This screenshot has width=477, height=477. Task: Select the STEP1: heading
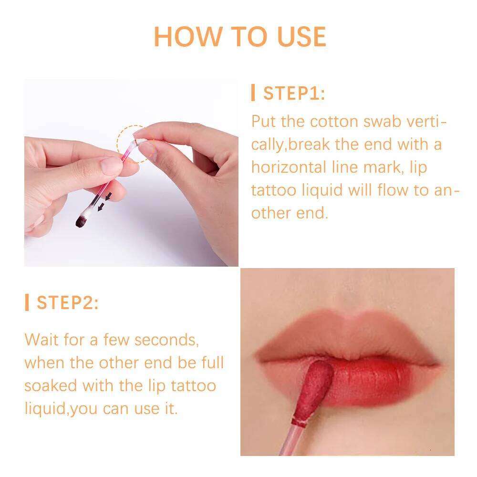click(x=294, y=93)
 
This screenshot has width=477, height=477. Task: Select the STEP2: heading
click(x=68, y=303)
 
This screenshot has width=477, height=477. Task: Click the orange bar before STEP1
click(x=253, y=93)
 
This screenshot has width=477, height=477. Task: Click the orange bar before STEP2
click(x=27, y=303)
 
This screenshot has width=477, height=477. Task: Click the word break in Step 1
click(x=310, y=144)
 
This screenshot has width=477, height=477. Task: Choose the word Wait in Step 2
click(x=42, y=340)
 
